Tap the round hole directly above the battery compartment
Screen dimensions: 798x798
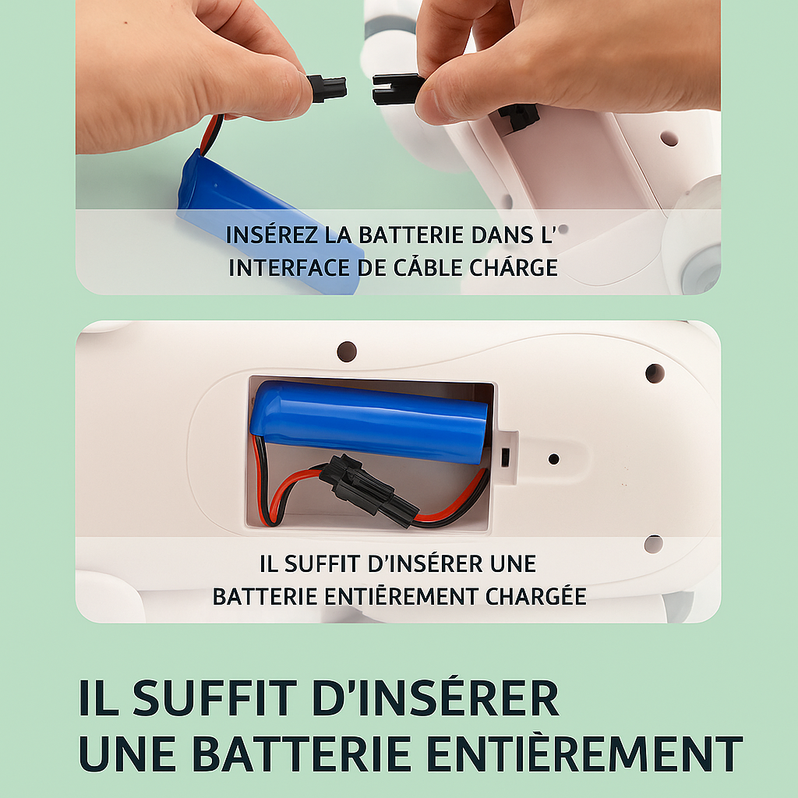[347, 351]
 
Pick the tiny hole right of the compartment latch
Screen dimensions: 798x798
[554, 459]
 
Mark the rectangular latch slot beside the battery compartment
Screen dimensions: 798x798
[505, 457]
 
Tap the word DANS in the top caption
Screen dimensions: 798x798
[502, 235]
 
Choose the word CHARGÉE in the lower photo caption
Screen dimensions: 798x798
[535, 595]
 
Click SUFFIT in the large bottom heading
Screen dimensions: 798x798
[214, 698]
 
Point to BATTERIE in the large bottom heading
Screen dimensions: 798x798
[302, 754]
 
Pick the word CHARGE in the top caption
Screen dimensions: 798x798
[513, 267]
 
